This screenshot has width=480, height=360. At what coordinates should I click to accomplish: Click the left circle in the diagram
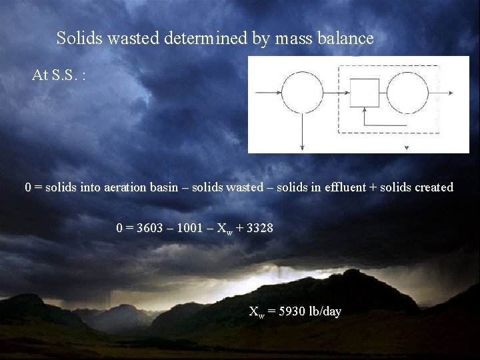tap(303, 92)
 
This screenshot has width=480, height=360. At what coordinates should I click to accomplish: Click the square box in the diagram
tap(365, 93)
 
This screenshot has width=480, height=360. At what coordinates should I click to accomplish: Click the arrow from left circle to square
tap(337, 92)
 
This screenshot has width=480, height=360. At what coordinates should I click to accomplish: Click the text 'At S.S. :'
tap(59, 75)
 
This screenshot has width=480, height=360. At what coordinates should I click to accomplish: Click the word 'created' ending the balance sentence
tap(433, 187)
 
